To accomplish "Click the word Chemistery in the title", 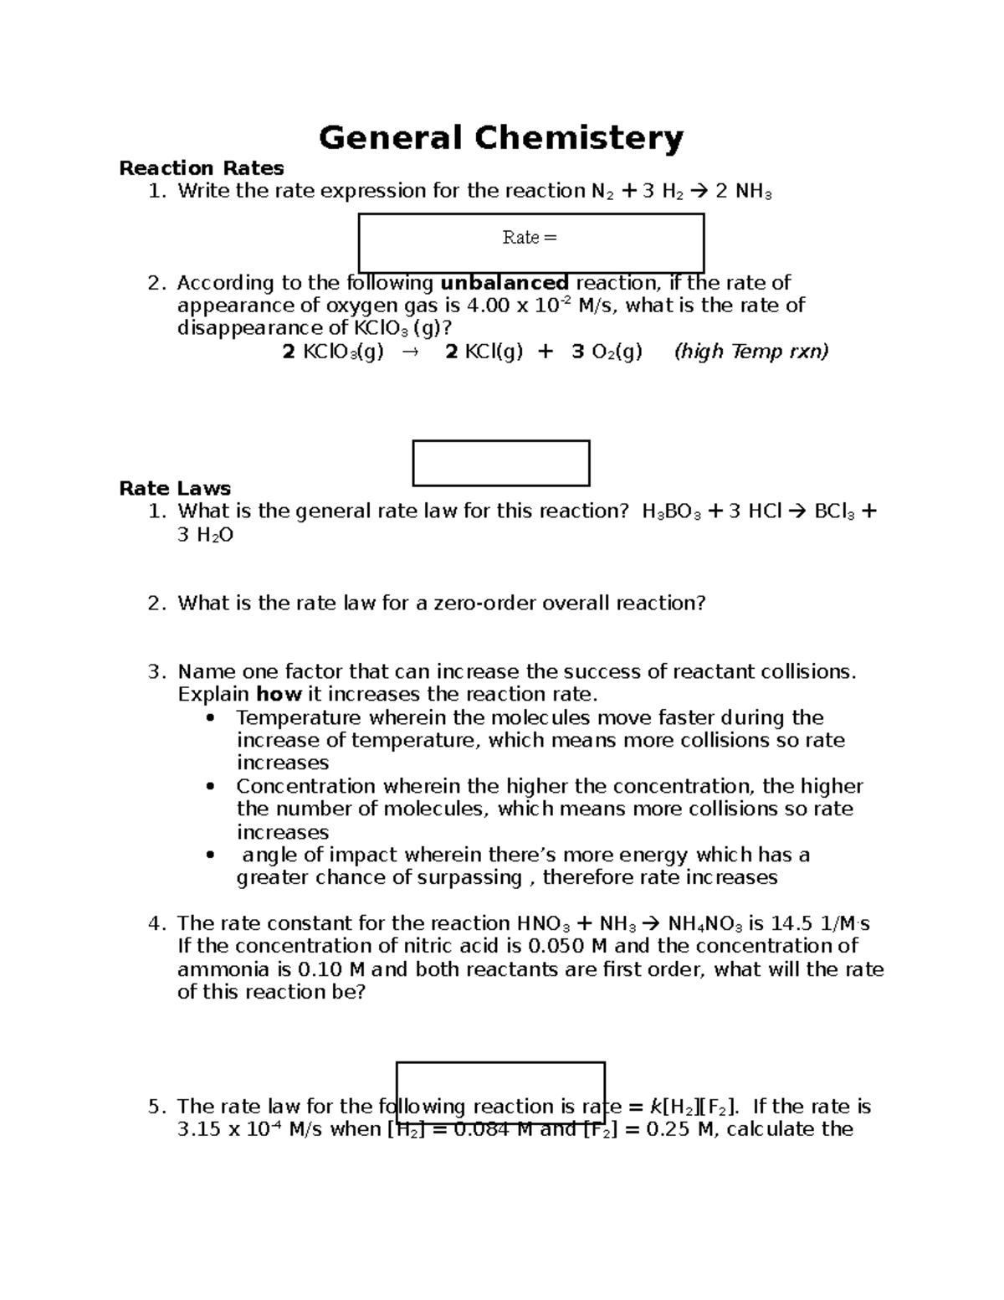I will coord(579,138).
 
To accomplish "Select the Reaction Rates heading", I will coord(202,168).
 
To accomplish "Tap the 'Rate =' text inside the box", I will coord(530,238).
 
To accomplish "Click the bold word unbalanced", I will coord(505,283).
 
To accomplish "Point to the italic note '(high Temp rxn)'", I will coord(751,352).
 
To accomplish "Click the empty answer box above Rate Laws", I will coord(501,463).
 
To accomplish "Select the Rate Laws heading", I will coord(175,489).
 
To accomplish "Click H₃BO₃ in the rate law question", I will coord(671,511).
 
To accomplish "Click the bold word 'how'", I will coord(279,695).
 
